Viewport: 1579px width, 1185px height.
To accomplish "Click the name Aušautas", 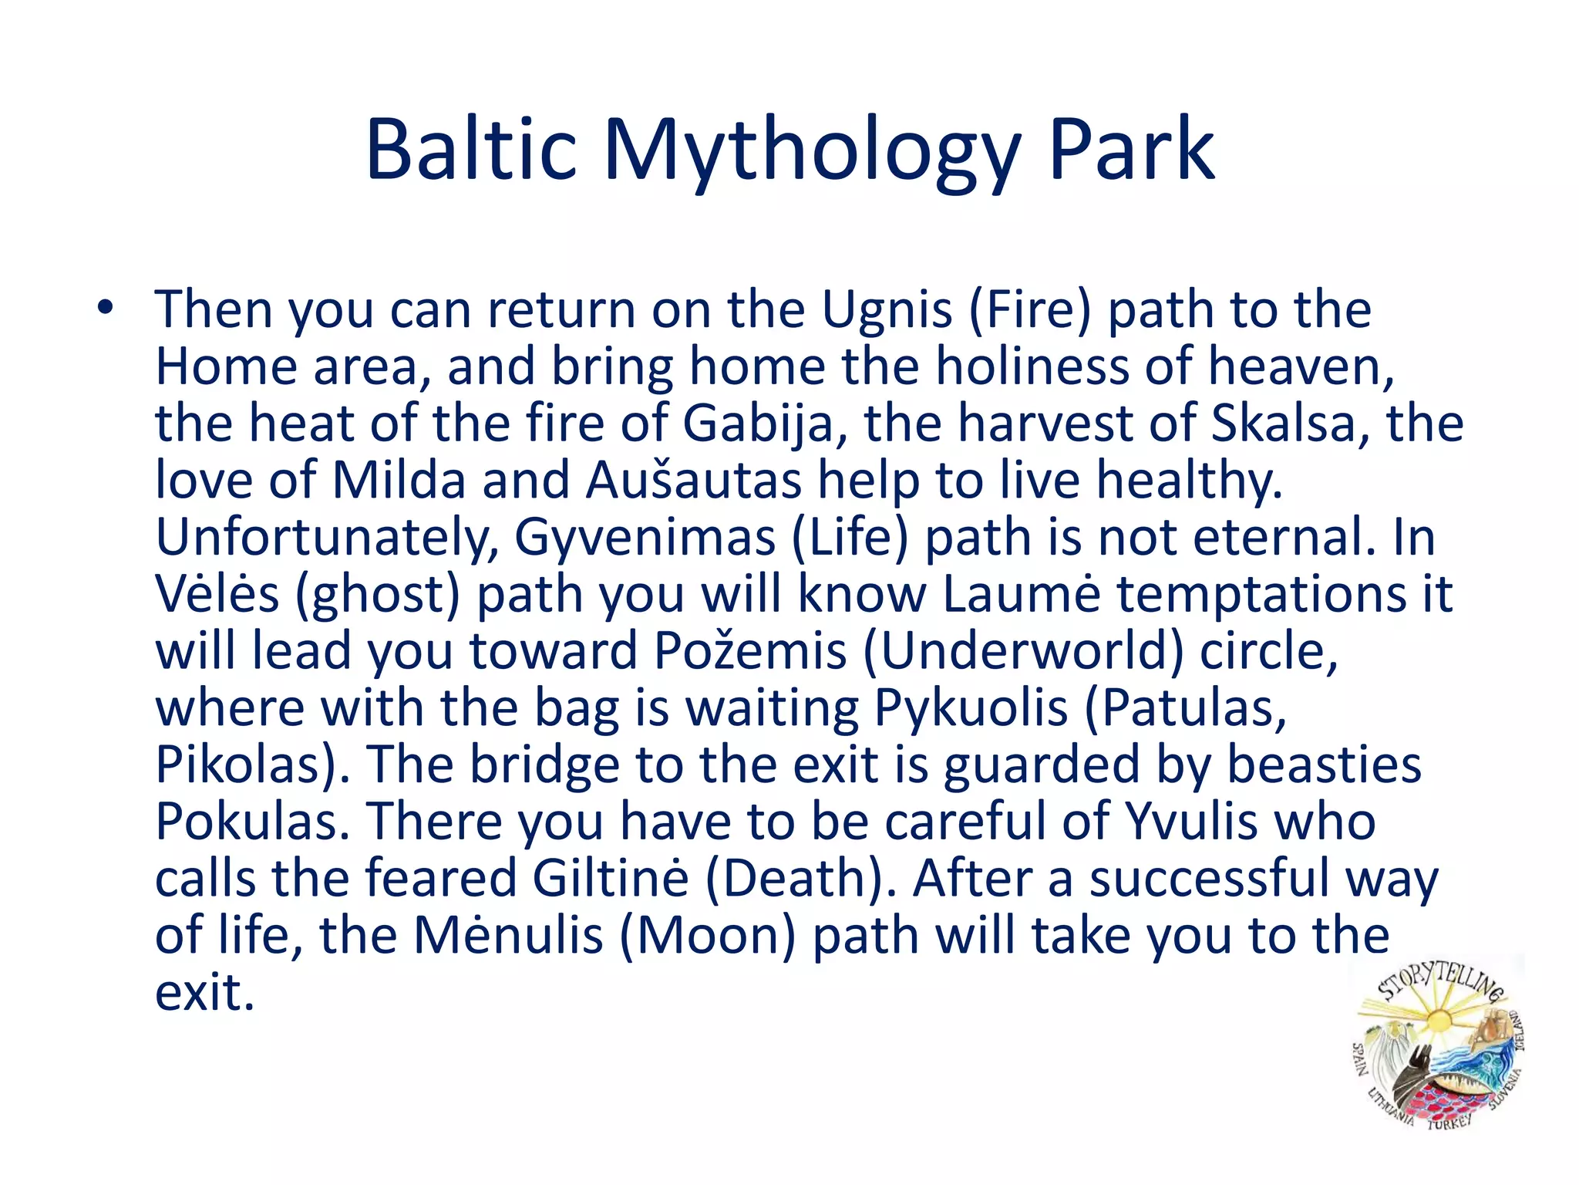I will coord(694,481).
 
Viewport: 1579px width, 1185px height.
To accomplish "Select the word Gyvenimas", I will coord(645,538).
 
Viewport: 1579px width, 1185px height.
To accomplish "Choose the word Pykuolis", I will coord(971,708).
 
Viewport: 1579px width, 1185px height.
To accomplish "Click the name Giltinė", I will coord(610,879).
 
